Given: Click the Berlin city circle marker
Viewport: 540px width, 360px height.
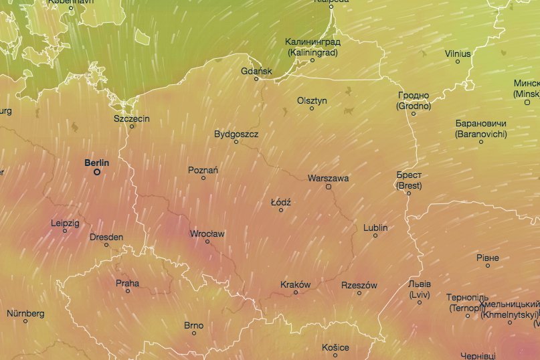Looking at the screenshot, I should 97,172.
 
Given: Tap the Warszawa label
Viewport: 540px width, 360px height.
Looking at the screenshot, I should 328,178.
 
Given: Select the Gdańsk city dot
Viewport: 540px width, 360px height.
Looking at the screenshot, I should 256,79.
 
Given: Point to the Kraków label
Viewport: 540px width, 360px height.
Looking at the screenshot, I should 295,284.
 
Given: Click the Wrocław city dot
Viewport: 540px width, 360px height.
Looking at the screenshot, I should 207,242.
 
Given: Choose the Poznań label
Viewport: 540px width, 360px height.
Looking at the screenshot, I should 203,170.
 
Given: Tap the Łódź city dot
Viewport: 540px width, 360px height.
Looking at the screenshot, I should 281,210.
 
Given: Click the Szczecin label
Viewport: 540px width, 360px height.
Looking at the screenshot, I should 132,118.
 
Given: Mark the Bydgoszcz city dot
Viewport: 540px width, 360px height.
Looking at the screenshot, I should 236,142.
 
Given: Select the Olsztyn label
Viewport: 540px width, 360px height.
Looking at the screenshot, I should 312,100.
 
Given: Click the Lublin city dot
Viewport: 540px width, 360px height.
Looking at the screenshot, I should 375,236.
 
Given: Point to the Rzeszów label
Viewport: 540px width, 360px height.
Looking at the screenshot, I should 359,285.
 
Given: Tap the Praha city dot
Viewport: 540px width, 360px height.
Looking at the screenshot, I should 128,291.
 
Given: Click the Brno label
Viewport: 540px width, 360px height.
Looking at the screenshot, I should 193,325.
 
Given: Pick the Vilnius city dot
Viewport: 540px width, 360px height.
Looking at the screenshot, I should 458,62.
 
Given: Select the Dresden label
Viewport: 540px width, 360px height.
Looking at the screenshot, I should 106,237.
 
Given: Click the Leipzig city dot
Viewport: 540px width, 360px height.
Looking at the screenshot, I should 65,231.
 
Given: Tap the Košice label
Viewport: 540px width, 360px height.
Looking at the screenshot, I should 335,347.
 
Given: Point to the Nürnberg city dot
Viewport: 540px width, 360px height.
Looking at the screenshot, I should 25,321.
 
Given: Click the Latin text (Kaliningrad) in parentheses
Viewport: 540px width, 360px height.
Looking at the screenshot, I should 312,52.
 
